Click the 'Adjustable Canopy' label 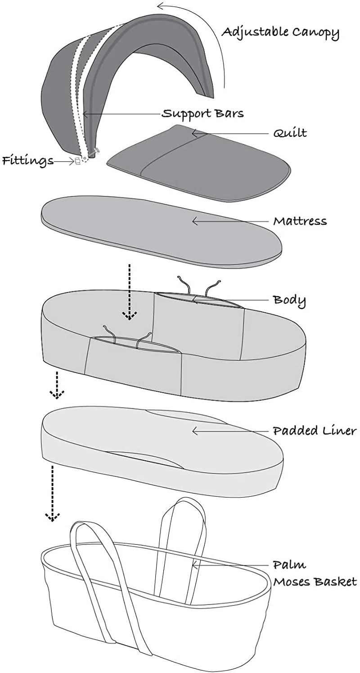[x=280, y=33]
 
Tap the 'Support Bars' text [x=203, y=113]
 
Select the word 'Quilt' [x=290, y=133]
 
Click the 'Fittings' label [x=28, y=161]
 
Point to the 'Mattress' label [x=300, y=221]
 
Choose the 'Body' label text [x=289, y=300]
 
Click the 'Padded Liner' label [x=315, y=431]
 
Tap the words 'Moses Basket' [x=315, y=582]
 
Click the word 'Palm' [x=289, y=565]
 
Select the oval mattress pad [x=162, y=229]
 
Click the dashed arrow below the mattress [x=130, y=292]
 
